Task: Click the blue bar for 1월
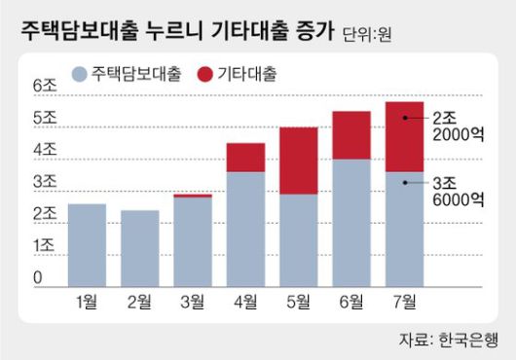[x=88, y=243]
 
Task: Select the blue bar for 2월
[x=140, y=247]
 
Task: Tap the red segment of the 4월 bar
[x=245, y=158]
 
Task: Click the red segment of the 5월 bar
[x=298, y=161]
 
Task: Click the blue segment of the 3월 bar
[x=193, y=239]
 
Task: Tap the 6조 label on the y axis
[x=46, y=86]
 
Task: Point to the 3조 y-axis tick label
[x=46, y=182]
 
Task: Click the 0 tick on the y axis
[x=38, y=279]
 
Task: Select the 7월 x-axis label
[x=403, y=300]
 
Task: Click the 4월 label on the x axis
[x=245, y=300]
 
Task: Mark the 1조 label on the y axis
[x=46, y=246]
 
